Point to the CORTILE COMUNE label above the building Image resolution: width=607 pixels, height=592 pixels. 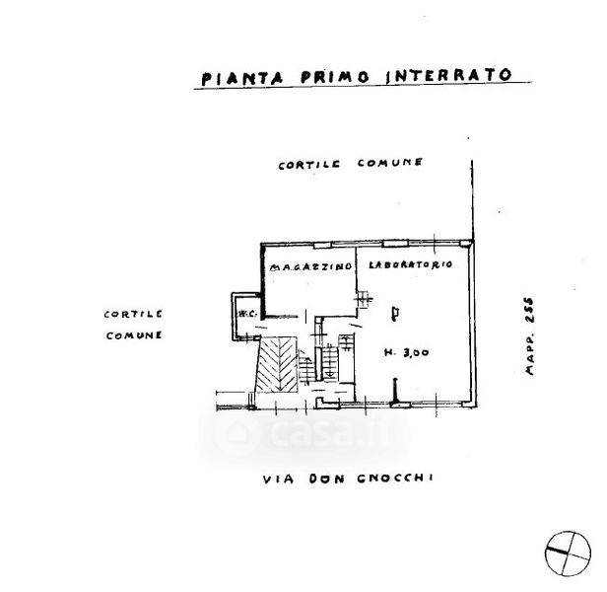[x=351, y=165]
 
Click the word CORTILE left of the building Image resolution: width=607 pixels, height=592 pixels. [x=132, y=314]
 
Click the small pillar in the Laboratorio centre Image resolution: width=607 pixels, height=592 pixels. [x=395, y=314]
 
